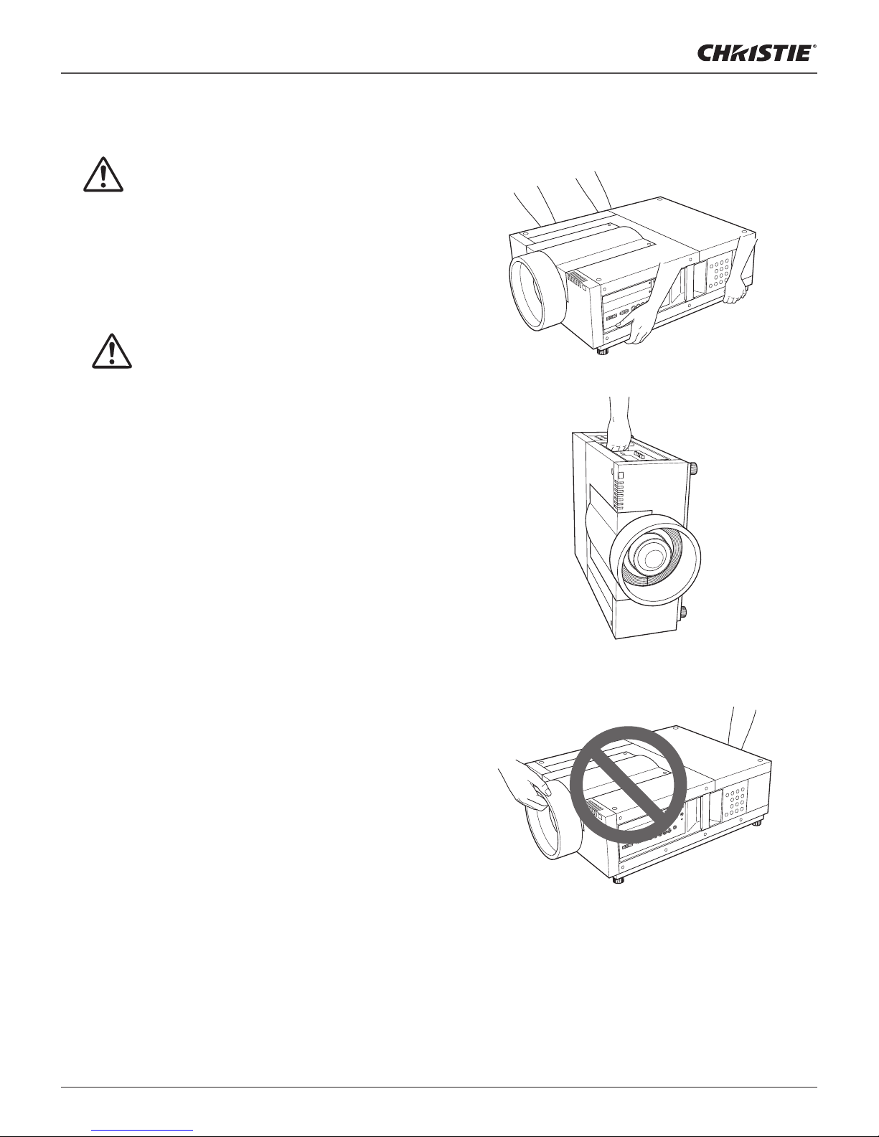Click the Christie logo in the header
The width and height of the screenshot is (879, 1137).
coord(756,53)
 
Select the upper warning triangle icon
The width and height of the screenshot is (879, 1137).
coord(103,174)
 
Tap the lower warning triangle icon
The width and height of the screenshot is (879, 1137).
coord(112,351)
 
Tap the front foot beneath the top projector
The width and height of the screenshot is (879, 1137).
coord(603,351)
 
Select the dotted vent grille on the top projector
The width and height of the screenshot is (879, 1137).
coord(720,273)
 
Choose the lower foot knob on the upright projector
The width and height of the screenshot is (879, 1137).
coord(682,612)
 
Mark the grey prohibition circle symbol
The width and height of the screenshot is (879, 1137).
coord(628,785)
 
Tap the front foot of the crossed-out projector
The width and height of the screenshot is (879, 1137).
coord(619,881)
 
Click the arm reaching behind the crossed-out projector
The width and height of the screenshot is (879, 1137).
coord(742,728)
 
